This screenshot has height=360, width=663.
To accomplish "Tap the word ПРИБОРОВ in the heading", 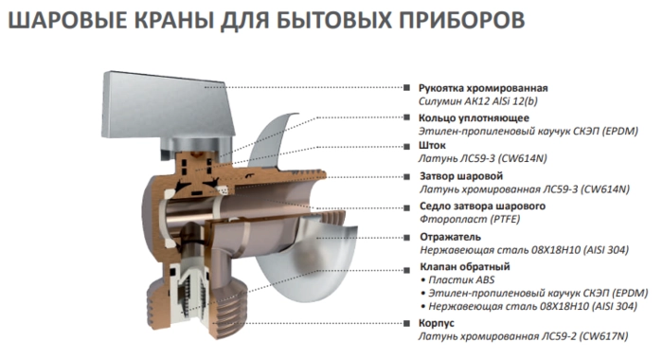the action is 462,20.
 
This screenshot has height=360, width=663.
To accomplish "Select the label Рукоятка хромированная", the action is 483,88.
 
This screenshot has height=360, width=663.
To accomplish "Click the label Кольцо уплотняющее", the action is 474,118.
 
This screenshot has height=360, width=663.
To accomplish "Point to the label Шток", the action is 432,146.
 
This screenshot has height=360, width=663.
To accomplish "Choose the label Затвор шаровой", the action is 461,176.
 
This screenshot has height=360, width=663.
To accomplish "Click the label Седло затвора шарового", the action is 482,207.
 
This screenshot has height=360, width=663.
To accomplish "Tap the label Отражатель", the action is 450,237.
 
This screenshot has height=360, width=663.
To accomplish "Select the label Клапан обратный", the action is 465,267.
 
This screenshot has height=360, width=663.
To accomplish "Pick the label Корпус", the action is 437,323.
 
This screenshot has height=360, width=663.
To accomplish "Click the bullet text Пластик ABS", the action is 461,280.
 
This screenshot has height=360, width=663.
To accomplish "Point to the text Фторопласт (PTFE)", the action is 470,220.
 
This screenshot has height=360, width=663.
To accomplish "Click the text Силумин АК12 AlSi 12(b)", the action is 477,101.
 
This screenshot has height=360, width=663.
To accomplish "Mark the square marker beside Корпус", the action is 406,324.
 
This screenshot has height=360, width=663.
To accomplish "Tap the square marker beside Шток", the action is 406,147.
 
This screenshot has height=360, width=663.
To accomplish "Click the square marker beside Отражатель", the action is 406,238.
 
